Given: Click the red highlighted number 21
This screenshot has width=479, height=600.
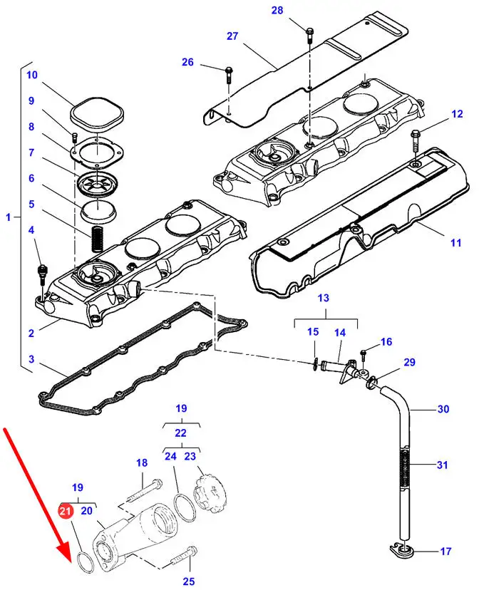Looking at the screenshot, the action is click(65, 511).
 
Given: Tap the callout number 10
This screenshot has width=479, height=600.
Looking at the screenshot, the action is click(32, 75).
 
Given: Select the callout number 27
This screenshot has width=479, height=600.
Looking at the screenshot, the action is click(232, 36).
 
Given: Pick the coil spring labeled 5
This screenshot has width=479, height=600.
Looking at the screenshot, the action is click(98, 239).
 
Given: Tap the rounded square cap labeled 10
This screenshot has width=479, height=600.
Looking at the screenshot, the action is click(97, 113).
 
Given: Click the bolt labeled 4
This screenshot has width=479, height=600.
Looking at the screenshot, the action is click(41, 276).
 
